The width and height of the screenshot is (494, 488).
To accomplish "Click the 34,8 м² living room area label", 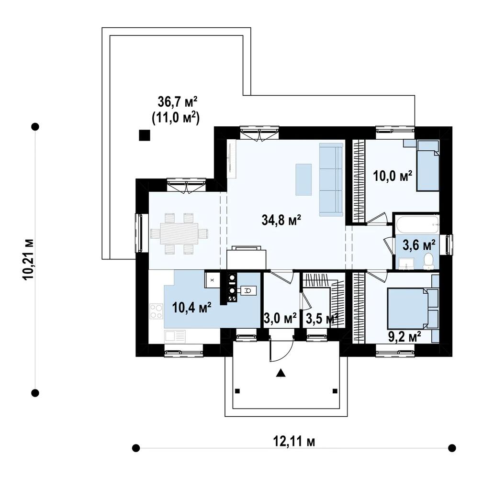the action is pyautogui.click(x=281, y=220).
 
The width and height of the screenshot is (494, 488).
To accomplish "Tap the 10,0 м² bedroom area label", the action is pyautogui.click(x=393, y=176).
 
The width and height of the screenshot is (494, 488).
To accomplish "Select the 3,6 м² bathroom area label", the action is pyautogui.click(x=419, y=244).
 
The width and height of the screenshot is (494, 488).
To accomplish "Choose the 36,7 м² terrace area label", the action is pyautogui.click(x=178, y=102).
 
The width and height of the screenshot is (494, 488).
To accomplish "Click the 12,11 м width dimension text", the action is pyautogui.click(x=293, y=442).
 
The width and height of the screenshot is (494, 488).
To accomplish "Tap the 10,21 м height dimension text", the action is pyautogui.click(x=28, y=259).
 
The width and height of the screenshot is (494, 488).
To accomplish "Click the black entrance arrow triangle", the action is pyautogui.click(x=281, y=373).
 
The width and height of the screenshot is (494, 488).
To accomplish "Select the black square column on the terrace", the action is pyautogui.click(x=145, y=135).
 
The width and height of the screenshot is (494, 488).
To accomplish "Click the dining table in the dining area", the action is pyautogui.click(x=179, y=233).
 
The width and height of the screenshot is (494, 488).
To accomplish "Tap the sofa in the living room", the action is pyautogui.click(x=331, y=179).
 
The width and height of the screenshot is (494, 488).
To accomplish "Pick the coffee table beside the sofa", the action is pyautogui.click(x=303, y=179).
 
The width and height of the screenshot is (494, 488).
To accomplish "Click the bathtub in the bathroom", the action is pyautogui.click(x=418, y=224).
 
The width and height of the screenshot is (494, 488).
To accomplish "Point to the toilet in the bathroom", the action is pyautogui.click(x=428, y=262).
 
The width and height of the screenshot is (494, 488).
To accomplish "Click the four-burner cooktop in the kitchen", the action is pyautogui.click(x=156, y=311).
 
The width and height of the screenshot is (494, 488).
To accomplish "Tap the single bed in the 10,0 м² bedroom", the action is pyautogui.click(x=428, y=166).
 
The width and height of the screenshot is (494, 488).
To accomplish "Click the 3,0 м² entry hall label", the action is pyautogui.click(x=280, y=319).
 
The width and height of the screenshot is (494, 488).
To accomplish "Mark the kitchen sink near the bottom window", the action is pyautogui.click(x=175, y=336).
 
